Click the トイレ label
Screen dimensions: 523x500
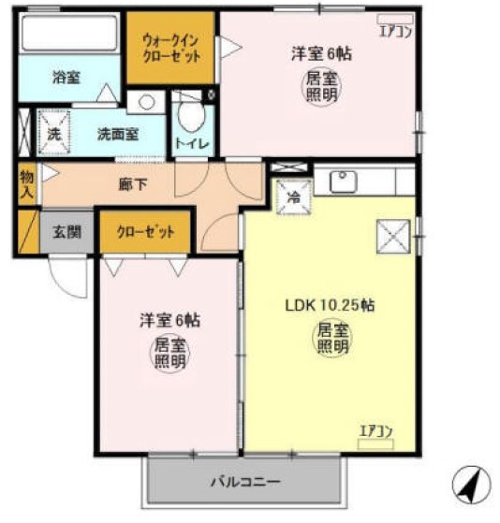pyautogui.click(x=193, y=143)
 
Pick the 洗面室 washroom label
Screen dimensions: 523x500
pyautogui.click(x=118, y=133)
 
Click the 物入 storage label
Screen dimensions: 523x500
pyautogui.click(x=26, y=183)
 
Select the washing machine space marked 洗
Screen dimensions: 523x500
pyautogui.click(x=54, y=131)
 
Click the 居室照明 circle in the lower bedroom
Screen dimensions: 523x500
pyautogui.click(x=169, y=353)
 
